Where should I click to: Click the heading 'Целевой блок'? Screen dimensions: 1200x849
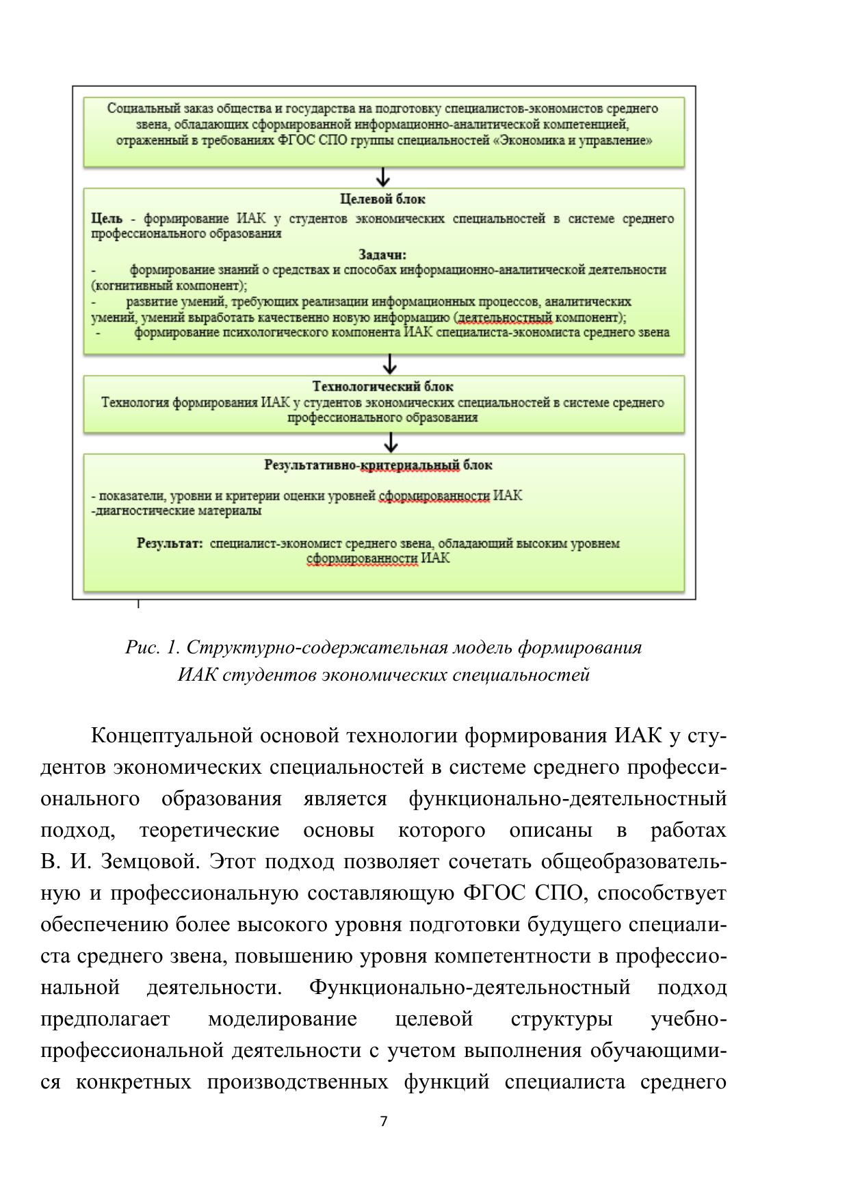tap(382, 199)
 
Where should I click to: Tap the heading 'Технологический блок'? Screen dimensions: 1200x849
tap(382, 387)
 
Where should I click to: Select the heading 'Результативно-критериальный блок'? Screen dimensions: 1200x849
tap(378, 465)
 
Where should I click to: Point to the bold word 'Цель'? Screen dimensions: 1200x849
tap(107, 219)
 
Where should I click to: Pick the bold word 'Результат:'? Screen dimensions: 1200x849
tap(170, 544)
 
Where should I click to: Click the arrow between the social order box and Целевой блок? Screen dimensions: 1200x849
tap(383, 177)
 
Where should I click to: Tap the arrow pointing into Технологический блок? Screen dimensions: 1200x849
tap(390, 363)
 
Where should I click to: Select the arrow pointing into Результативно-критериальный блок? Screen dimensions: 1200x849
tap(391, 442)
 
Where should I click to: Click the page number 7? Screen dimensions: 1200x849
tap(383, 1121)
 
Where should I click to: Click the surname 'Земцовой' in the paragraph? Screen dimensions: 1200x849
tap(150, 861)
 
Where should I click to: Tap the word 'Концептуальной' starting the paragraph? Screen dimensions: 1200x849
tap(172, 736)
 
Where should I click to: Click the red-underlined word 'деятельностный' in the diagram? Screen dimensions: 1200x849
tap(504, 317)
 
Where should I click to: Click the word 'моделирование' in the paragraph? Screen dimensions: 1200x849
tap(282, 1019)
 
